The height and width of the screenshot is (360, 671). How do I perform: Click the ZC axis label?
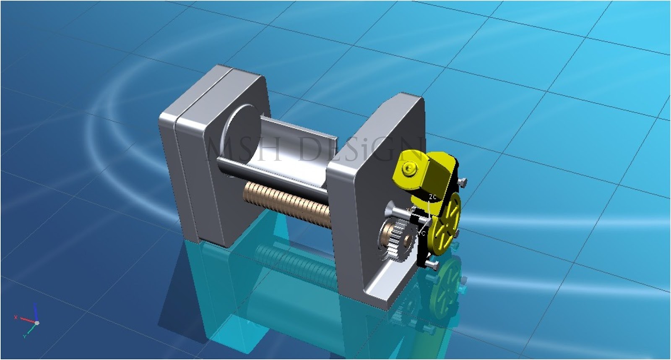(432, 196)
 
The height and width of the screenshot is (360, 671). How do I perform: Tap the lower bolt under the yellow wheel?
(432, 265)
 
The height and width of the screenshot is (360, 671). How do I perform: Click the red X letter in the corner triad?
(16, 317)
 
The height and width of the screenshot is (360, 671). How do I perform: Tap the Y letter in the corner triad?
(24, 336)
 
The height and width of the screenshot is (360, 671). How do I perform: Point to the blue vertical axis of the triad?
(36, 312)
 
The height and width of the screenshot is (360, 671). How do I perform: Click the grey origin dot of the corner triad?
(37, 323)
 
